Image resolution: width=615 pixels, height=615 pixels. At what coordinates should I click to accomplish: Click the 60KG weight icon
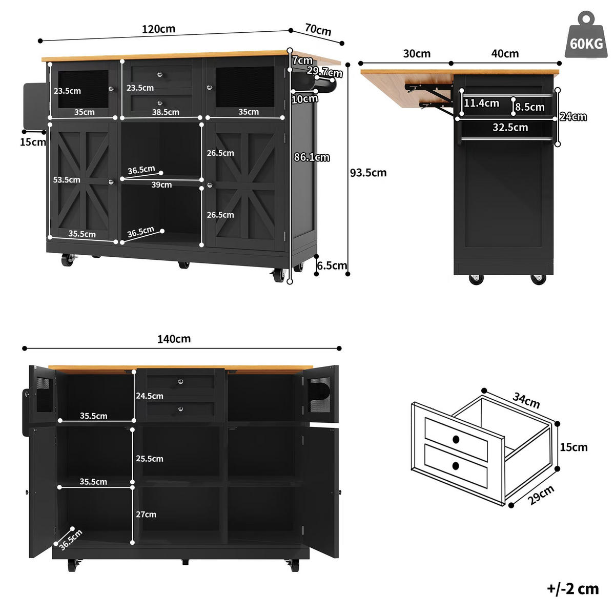(x=586, y=35)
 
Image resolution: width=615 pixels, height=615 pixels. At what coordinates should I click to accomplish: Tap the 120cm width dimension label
(x=158, y=29)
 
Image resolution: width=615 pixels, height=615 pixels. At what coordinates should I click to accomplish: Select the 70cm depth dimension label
(x=318, y=30)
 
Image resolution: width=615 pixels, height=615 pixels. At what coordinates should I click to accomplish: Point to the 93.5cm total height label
(x=368, y=173)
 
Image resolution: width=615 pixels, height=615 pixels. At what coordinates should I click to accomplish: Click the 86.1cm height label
(x=312, y=157)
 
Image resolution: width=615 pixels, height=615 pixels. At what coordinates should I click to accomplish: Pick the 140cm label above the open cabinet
(x=174, y=339)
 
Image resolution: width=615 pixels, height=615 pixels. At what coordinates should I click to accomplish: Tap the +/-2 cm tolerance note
(x=573, y=589)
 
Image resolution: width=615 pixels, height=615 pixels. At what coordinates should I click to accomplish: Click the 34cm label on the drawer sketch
(x=526, y=400)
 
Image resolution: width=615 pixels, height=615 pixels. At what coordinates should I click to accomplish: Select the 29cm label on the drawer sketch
(x=542, y=495)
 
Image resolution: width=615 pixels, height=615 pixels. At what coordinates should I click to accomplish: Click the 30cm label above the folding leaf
(x=417, y=54)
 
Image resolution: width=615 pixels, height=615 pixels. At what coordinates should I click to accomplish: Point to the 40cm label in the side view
(x=505, y=54)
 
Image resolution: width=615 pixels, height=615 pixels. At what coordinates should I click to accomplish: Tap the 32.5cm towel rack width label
(x=510, y=127)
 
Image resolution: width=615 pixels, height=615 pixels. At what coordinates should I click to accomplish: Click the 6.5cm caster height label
(x=332, y=265)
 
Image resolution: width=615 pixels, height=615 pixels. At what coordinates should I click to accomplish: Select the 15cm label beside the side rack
(x=33, y=142)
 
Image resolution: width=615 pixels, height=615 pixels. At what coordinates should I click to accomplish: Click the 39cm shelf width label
(x=161, y=185)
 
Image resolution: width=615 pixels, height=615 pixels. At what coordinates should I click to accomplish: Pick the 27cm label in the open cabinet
(x=146, y=515)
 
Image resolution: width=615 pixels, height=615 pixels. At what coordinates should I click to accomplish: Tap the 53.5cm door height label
(x=67, y=180)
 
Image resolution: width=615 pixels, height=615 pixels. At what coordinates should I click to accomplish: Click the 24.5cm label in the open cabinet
(x=150, y=396)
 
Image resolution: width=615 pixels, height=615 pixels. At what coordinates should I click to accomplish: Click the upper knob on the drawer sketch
(x=456, y=439)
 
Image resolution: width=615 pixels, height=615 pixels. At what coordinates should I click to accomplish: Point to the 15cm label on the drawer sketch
(x=574, y=447)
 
